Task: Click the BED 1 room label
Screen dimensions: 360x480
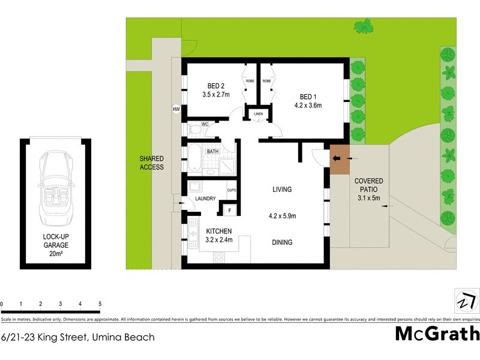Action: point(311,97)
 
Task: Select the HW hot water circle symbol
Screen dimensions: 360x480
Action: point(176,109)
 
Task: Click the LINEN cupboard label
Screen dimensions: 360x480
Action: point(259,114)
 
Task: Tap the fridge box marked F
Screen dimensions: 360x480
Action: point(229,211)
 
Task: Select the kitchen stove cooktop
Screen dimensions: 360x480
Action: point(220,258)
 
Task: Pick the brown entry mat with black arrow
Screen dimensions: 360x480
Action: point(340,159)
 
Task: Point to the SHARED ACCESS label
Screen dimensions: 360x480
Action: point(151,163)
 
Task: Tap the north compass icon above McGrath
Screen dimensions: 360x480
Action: point(466,300)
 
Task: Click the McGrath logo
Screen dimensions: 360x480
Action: point(437,334)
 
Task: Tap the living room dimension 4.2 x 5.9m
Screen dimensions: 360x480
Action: point(281,217)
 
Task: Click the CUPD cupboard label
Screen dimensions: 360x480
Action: point(232,190)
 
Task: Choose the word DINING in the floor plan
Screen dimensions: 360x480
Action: point(281,242)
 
